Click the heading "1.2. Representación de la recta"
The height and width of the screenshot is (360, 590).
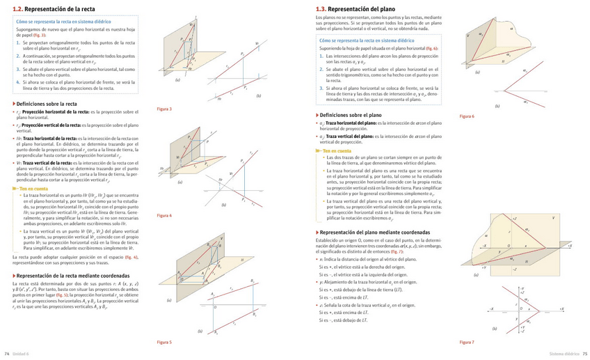[x=45, y=9]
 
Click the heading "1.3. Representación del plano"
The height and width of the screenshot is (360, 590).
[x=349, y=9]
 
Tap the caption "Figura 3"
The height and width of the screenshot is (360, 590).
[x=164, y=109]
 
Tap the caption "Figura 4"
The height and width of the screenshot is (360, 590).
[x=164, y=215]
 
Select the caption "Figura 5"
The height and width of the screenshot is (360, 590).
[x=164, y=342]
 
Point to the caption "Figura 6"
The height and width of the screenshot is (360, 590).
[x=467, y=116]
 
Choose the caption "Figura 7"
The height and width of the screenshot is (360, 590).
[x=467, y=342]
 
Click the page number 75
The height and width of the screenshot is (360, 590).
[x=585, y=354]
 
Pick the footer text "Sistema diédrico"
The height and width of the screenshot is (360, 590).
[x=562, y=354]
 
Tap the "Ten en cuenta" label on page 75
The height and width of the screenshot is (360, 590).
[x=335, y=150]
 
